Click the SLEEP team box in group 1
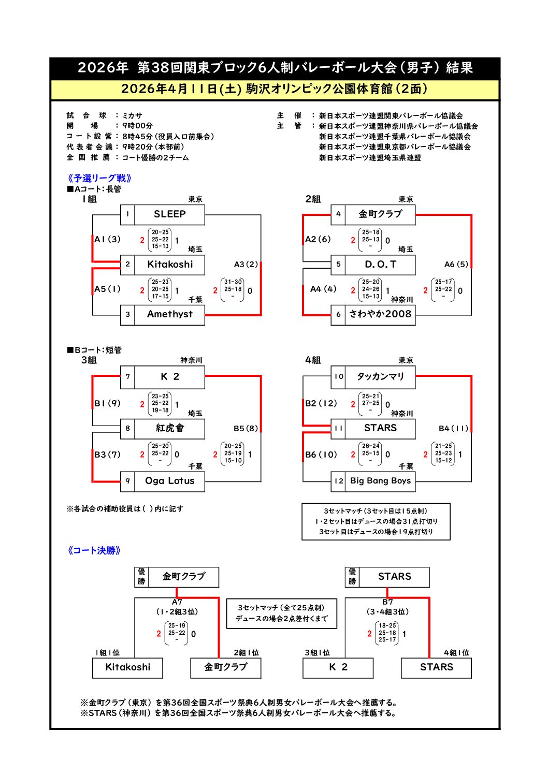click(169, 214)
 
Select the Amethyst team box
click(169, 314)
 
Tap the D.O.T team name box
click(380, 265)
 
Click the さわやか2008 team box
click(380, 314)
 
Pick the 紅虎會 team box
click(169, 428)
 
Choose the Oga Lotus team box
click(169, 481)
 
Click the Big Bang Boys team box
click(380, 481)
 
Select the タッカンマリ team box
click(380, 376)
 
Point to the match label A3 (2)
click(246, 265)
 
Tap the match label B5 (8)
click(246, 428)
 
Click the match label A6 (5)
click(456, 265)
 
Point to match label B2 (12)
click(321, 403)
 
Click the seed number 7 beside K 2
click(127, 376)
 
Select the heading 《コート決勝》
click(94, 551)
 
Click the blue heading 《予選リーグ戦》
click(99, 179)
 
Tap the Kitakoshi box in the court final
click(127, 667)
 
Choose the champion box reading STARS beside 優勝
click(394, 577)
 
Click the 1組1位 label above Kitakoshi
click(107, 653)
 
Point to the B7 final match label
click(387, 602)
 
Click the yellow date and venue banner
click(275, 89)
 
